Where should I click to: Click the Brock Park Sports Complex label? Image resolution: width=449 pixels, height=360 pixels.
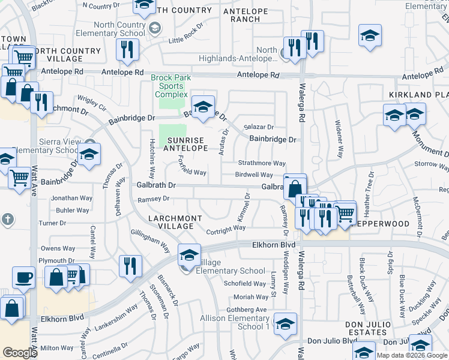pos(170,86)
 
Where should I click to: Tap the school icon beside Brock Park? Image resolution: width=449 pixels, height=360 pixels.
pos(203,107)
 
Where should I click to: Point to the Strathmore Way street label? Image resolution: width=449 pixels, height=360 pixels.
pos(260,163)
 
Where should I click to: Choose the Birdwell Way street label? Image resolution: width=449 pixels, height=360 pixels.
pos(254,175)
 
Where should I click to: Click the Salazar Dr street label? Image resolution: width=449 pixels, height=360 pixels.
pos(259,127)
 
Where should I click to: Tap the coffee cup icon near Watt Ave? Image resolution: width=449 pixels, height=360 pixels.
pos(24,278)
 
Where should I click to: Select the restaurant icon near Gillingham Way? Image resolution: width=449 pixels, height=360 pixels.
pos(130,265)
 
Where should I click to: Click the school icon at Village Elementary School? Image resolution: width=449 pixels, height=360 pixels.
pos(189,255)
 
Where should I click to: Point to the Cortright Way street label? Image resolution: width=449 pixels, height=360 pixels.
pos(226,228)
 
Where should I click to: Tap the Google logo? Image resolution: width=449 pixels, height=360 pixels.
pos(20,353)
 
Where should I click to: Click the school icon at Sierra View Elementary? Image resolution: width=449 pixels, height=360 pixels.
pos(89,155)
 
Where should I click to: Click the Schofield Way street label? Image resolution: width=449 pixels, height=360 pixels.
pos(244,284)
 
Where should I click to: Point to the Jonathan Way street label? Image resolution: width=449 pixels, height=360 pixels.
pos(71,198)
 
